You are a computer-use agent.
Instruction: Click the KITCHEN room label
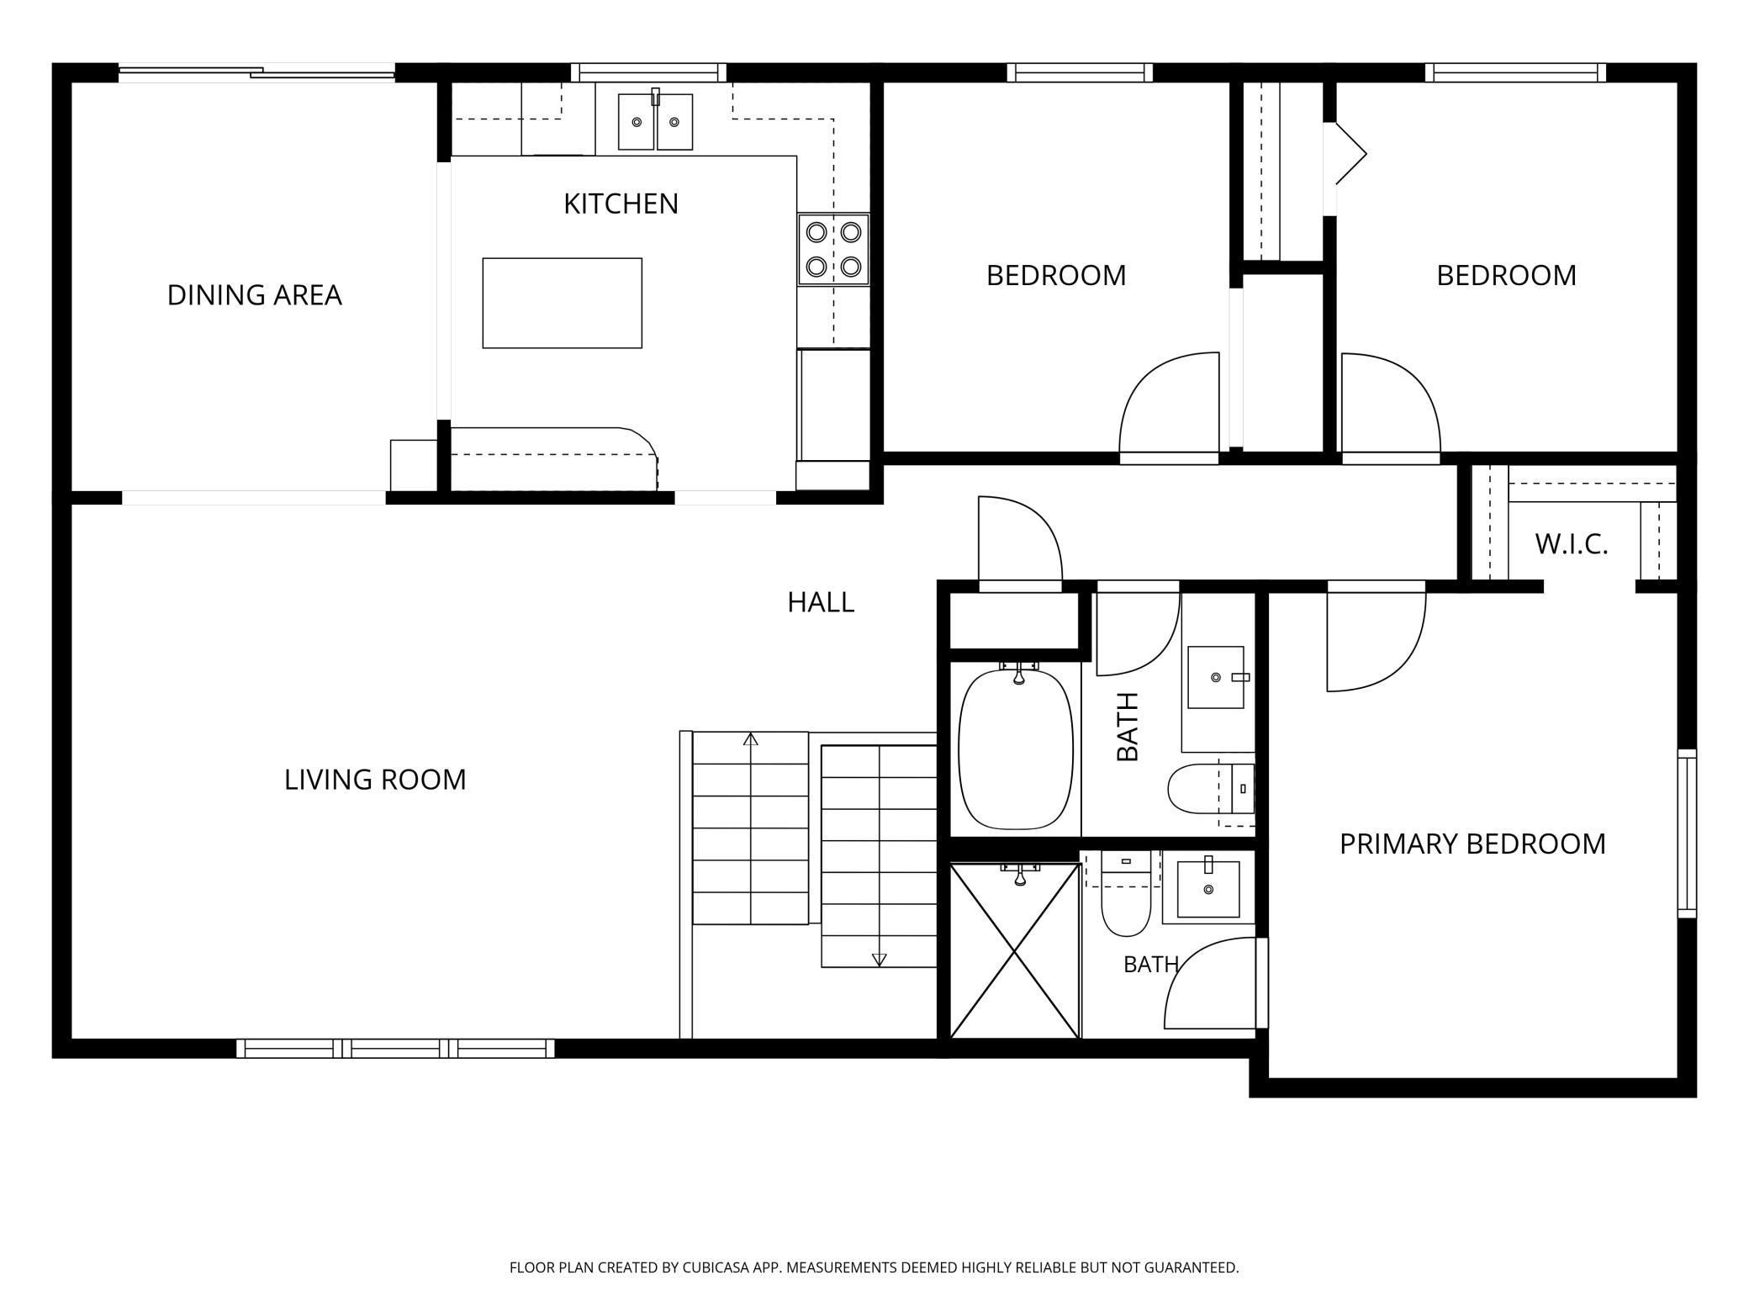tap(621, 204)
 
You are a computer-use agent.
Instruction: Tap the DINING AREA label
tap(254, 295)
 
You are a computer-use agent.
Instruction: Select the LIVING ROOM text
tap(375, 780)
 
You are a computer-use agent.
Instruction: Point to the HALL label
tap(821, 602)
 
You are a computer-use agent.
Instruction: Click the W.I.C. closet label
tap(1571, 544)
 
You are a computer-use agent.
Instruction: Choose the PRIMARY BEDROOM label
tap(1472, 844)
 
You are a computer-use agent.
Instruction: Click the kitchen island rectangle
tap(563, 303)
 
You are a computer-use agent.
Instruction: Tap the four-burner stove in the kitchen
tap(833, 249)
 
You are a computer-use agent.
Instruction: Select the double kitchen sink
tap(655, 122)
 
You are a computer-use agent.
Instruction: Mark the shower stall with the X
tap(1015, 951)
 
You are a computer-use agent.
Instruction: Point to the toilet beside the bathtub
tap(1211, 789)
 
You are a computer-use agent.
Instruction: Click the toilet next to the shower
tap(1126, 895)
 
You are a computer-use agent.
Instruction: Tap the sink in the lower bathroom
tap(1208, 888)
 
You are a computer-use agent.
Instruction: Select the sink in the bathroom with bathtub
tap(1216, 677)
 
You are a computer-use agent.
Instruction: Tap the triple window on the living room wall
tap(395, 1048)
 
